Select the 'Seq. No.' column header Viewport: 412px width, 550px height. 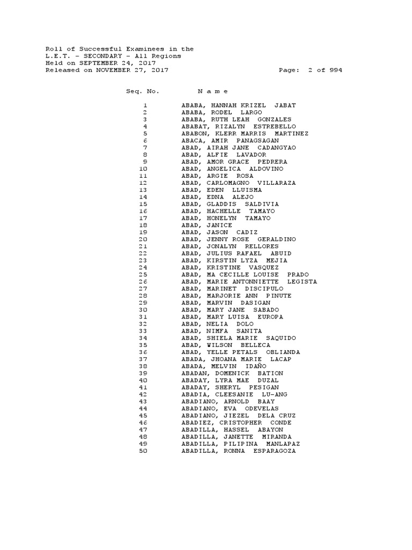143,91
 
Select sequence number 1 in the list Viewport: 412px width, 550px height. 145,105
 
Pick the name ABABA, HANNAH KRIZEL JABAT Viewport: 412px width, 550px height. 239,105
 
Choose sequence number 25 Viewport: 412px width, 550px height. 143,274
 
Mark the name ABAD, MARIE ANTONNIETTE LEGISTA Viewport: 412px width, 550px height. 249,281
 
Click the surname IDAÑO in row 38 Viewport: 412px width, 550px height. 255,366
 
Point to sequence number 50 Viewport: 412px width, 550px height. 143,451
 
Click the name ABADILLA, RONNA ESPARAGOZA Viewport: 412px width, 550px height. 238,451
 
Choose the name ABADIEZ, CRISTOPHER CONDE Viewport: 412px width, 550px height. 237,423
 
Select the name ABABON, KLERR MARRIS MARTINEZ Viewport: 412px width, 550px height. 245,133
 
